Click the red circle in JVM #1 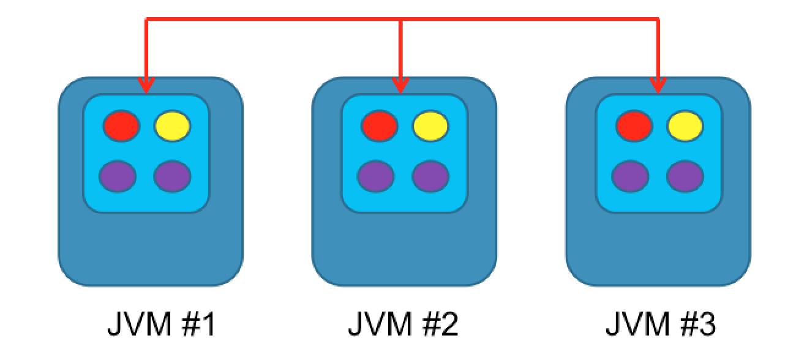pyautogui.click(x=121, y=126)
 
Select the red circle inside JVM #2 pyautogui.click(x=380, y=126)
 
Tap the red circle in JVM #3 pyautogui.click(x=634, y=126)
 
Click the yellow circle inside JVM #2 pyautogui.click(x=430, y=126)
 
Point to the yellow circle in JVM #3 pyautogui.click(x=685, y=126)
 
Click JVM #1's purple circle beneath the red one pyautogui.click(x=118, y=176)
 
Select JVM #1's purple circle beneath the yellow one pyautogui.click(x=172, y=176)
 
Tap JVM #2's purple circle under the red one pyautogui.click(x=375, y=176)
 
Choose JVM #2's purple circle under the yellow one pyautogui.click(x=430, y=176)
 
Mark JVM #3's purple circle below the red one pyautogui.click(x=630, y=176)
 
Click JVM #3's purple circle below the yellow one pyautogui.click(x=685, y=176)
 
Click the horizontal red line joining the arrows pyautogui.click(x=276, y=20)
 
